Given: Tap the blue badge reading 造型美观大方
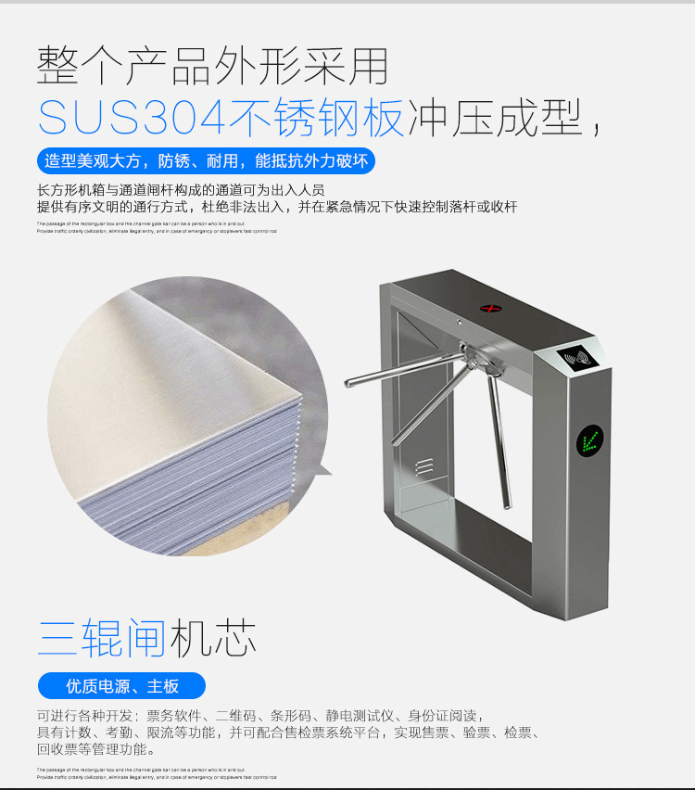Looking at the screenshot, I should (206, 161).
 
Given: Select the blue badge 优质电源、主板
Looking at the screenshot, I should (121, 686).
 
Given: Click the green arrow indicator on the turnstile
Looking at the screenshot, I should (589, 440).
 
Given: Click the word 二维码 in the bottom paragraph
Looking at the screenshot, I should (235, 716).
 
